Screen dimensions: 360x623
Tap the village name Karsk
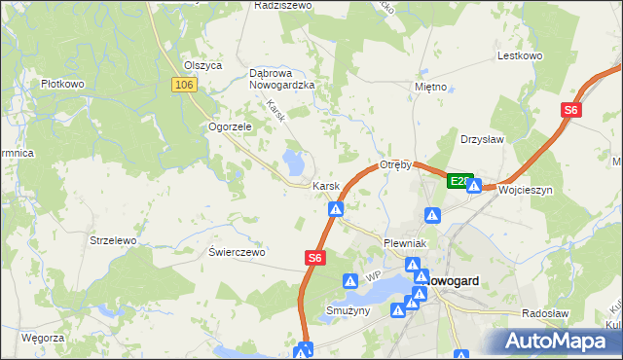(x=325, y=186)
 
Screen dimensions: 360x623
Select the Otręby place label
(x=397, y=164)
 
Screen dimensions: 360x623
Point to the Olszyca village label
(x=203, y=65)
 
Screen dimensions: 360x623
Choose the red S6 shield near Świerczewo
(x=313, y=258)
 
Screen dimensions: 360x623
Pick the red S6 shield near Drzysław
(x=571, y=112)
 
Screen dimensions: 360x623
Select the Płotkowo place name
(x=62, y=85)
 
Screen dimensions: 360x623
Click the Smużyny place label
(x=348, y=311)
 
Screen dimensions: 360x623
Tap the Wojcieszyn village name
(x=525, y=191)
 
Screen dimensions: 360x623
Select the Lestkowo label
(x=519, y=56)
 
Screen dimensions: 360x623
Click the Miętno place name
(x=429, y=88)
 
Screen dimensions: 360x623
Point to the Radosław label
(x=545, y=313)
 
